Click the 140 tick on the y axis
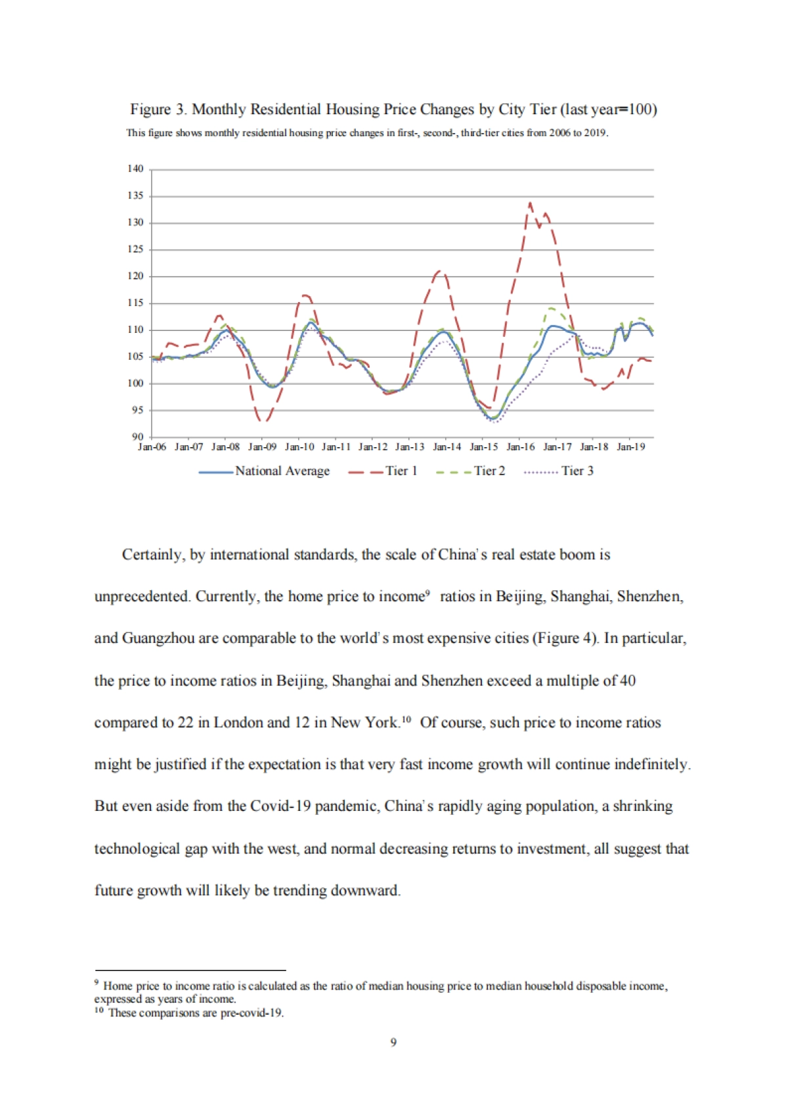click(135, 169)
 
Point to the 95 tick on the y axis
click(137, 410)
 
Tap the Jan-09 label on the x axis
click(262, 447)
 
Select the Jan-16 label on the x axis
click(521, 447)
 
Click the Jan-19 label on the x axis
click(631, 447)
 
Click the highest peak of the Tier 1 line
click(530, 203)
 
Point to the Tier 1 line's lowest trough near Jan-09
click(263, 420)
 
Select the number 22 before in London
click(185, 723)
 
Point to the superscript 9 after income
click(427, 593)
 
